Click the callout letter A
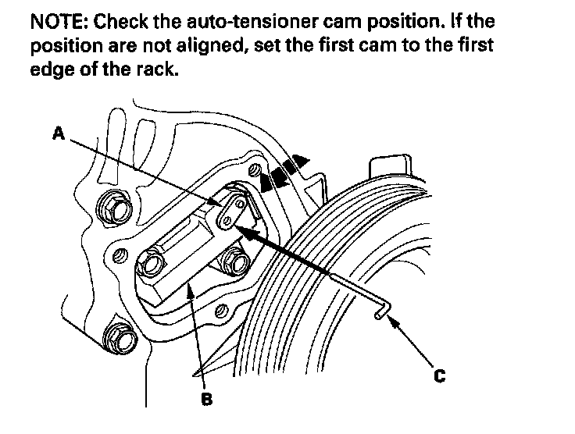(x=58, y=133)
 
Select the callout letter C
(x=440, y=376)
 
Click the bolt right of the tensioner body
(x=232, y=258)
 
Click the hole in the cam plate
(x=227, y=222)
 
